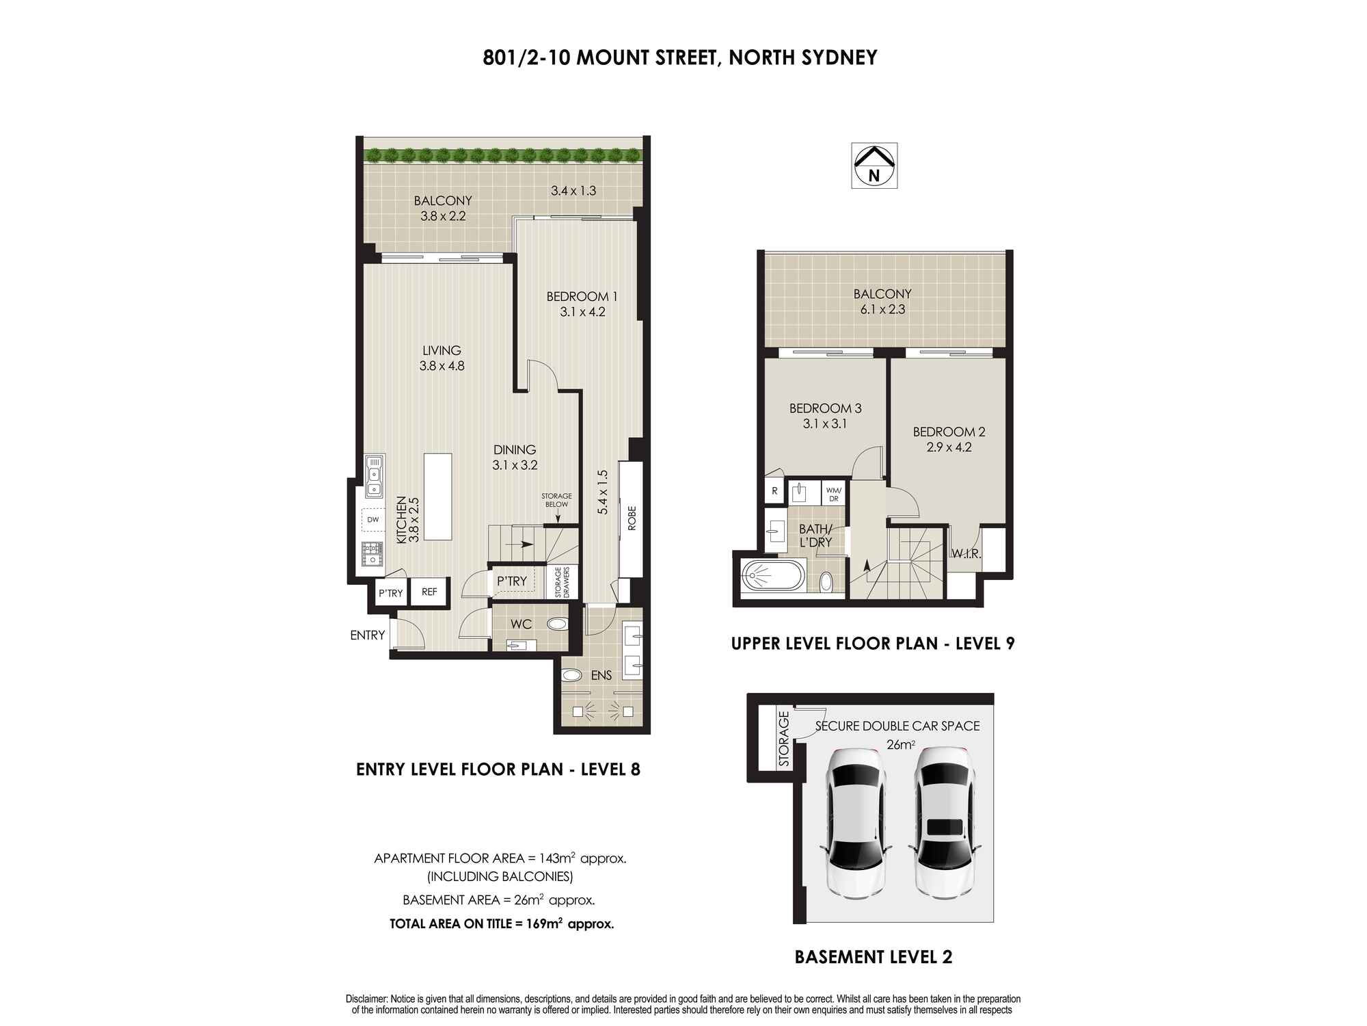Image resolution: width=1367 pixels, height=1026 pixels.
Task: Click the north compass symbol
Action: point(874,166)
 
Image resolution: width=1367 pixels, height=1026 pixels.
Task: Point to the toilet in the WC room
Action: point(557,624)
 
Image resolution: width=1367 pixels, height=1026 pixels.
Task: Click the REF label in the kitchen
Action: point(429,592)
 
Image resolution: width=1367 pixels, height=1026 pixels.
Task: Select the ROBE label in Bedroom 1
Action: point(631,518)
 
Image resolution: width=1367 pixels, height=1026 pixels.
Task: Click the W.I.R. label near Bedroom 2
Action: point(966,554)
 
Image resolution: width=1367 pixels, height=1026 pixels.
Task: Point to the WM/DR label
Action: point(833,494)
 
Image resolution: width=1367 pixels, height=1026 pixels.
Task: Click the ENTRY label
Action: point(368,635)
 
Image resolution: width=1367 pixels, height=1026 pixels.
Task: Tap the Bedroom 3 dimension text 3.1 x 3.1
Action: point(825,424)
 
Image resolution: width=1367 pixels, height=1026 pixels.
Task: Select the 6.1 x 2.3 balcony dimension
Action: point(882,309)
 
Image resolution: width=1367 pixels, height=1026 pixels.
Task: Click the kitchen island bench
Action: point(438,497)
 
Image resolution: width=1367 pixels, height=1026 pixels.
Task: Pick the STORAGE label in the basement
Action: point(784,739)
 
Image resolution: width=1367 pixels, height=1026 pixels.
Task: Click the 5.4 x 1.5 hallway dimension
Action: point(602,492)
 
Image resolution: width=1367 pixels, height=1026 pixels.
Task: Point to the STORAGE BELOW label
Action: point(556,500)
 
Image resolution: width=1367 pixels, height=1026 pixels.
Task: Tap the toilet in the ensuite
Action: point(570,676)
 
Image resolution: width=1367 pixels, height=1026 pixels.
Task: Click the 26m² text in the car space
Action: point(901,745)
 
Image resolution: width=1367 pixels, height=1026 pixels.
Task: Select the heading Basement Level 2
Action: point(874,957)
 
